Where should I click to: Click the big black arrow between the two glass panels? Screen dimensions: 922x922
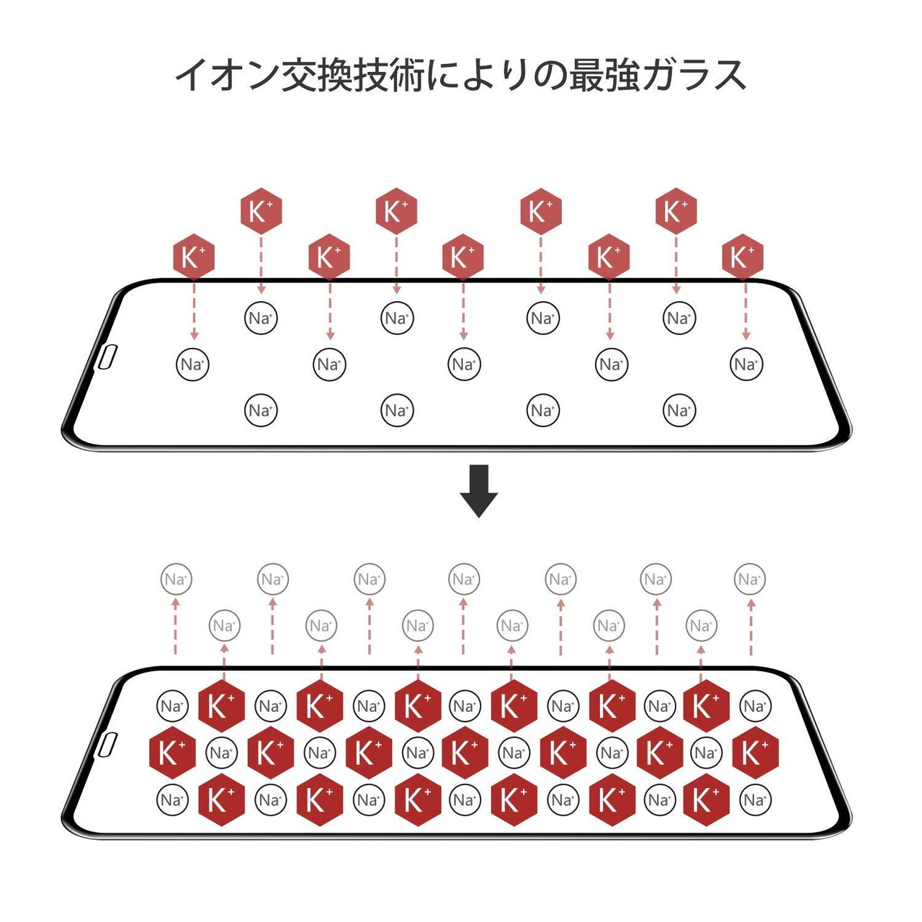click(x=478, y=491)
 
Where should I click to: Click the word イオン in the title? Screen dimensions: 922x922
click(x=227, y=74)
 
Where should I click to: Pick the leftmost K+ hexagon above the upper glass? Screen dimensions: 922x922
click(x=194, y=257)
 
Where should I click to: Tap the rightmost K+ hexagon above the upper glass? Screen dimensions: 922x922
click(x=743, y=257)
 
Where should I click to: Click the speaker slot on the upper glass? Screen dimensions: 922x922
click(x=107, y=357)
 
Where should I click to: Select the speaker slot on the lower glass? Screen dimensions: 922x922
click(x=107, y=746)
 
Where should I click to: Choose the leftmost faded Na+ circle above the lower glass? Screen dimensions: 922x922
click(x=176, y=579)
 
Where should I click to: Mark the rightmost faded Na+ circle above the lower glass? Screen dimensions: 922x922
click(x=750, y=579)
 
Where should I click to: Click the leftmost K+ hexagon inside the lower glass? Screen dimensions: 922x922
click(x=172, y=753)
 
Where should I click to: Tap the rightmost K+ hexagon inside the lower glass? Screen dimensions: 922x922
click(x=755, y=753)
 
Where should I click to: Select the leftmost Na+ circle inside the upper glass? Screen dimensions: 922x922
click(x=192, y=364)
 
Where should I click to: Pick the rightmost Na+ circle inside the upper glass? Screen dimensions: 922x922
click(x=746, y=364)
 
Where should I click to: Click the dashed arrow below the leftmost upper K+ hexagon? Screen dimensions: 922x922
click(x=194, y=310)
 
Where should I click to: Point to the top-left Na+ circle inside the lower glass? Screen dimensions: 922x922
click(x=172, y=707)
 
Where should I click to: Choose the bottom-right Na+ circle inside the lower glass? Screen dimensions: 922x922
click(x=755, y=800)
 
